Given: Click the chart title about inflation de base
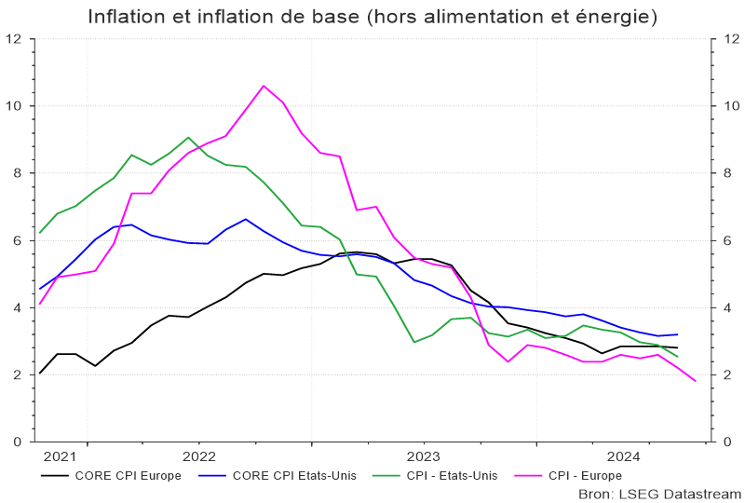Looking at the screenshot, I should point(372,17).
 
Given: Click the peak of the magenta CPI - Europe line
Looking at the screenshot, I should point(264,86).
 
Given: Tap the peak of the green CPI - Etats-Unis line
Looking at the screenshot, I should point(188,137).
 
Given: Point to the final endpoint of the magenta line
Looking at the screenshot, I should point(695,380).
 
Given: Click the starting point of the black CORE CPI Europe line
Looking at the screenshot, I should point(40,374).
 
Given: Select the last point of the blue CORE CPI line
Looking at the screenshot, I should point(677,334).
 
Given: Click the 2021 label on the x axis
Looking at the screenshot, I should point(60,456).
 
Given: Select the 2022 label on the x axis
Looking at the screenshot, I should point(199,456).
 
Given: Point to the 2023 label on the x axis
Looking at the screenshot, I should point(424,456).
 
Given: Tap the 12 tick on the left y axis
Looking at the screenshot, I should point(15,39).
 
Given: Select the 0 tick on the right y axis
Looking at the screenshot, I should point(723,442).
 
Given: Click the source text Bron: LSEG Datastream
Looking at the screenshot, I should point(659,493).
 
